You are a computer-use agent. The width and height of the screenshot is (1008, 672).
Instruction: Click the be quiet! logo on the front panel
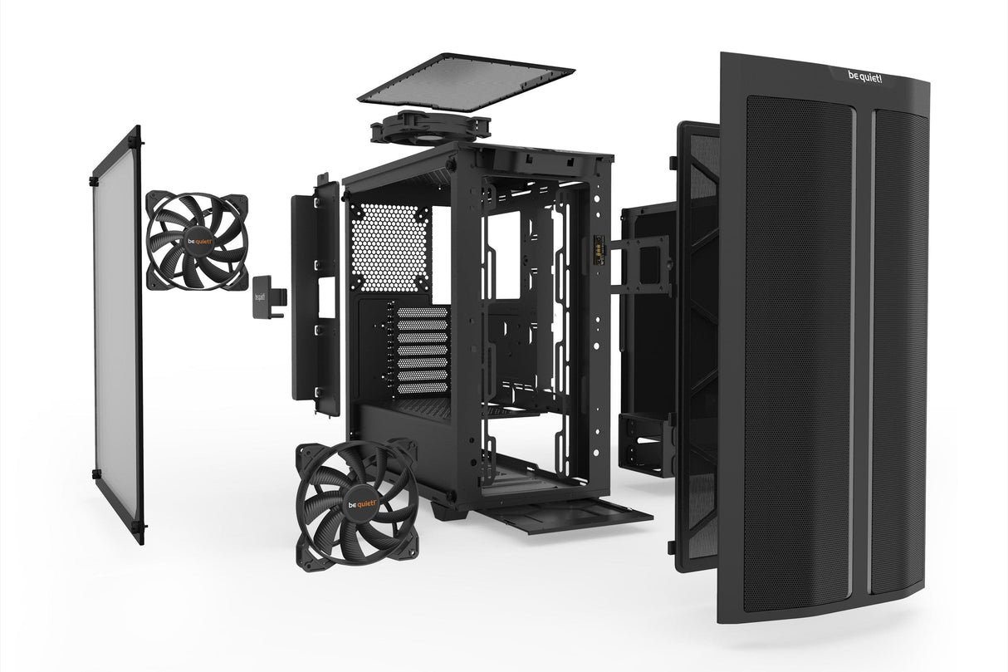865,78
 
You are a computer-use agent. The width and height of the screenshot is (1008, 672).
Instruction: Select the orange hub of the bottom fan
356,504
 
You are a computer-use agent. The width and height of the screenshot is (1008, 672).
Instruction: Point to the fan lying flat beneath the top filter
429,128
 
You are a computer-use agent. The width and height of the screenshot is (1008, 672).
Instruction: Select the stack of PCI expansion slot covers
422,350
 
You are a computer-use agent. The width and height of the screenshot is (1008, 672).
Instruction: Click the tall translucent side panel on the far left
117,332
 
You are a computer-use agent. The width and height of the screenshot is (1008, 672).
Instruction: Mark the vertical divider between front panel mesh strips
862,349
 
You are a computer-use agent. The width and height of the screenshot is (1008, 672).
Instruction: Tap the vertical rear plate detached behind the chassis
316,299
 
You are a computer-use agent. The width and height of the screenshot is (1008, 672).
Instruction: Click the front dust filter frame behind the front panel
696,349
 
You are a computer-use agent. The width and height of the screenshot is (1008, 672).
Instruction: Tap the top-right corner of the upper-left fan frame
242,200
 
